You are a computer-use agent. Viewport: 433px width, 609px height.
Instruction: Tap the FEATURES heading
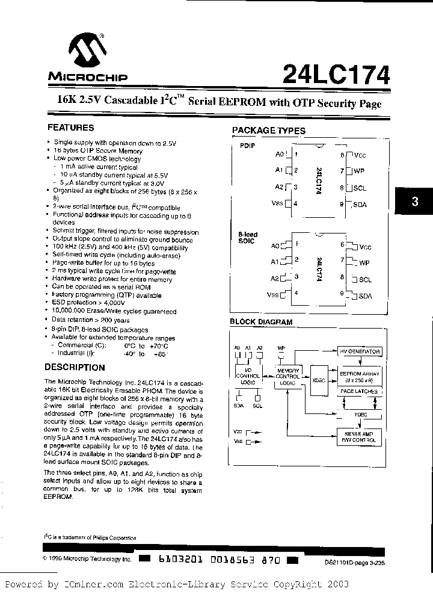[70, 128]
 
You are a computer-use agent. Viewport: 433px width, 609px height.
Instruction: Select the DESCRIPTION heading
[75, 367]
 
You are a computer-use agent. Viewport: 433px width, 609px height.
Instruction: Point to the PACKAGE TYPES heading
[268, 131]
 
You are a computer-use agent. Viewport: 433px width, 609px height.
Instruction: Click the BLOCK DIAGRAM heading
[261, 322]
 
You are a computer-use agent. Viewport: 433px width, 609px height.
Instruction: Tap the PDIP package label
[247, 146]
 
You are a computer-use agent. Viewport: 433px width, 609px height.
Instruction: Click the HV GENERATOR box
[359, 351]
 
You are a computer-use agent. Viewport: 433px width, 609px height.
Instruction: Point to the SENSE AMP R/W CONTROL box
[360, 437]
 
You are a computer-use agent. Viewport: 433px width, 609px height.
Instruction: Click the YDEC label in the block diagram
[360, 415]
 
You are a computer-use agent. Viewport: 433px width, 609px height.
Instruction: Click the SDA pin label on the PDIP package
[360, 205]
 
